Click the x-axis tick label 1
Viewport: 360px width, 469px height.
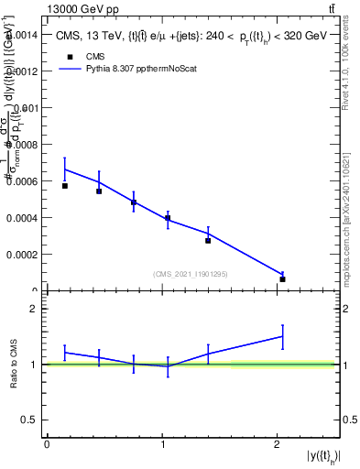(x=163, y=444)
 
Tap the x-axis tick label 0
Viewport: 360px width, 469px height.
(x=47, y=444)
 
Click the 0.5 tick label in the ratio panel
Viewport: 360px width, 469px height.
(x=27, y=420)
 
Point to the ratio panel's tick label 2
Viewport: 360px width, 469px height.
(x=31, y=309)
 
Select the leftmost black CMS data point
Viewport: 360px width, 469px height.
(x=65, y=186)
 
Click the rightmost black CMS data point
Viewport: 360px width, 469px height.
(x=283, y=278)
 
